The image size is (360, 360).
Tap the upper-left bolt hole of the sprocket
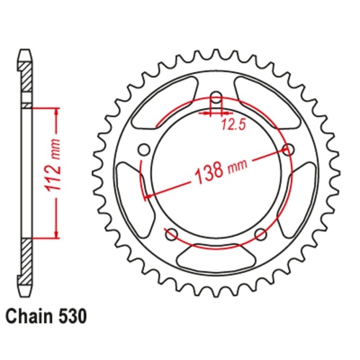[143, 150]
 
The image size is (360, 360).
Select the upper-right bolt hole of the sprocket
[289, 150]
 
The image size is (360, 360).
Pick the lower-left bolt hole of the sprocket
[171, 234]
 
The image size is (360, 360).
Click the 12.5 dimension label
[231, 124]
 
